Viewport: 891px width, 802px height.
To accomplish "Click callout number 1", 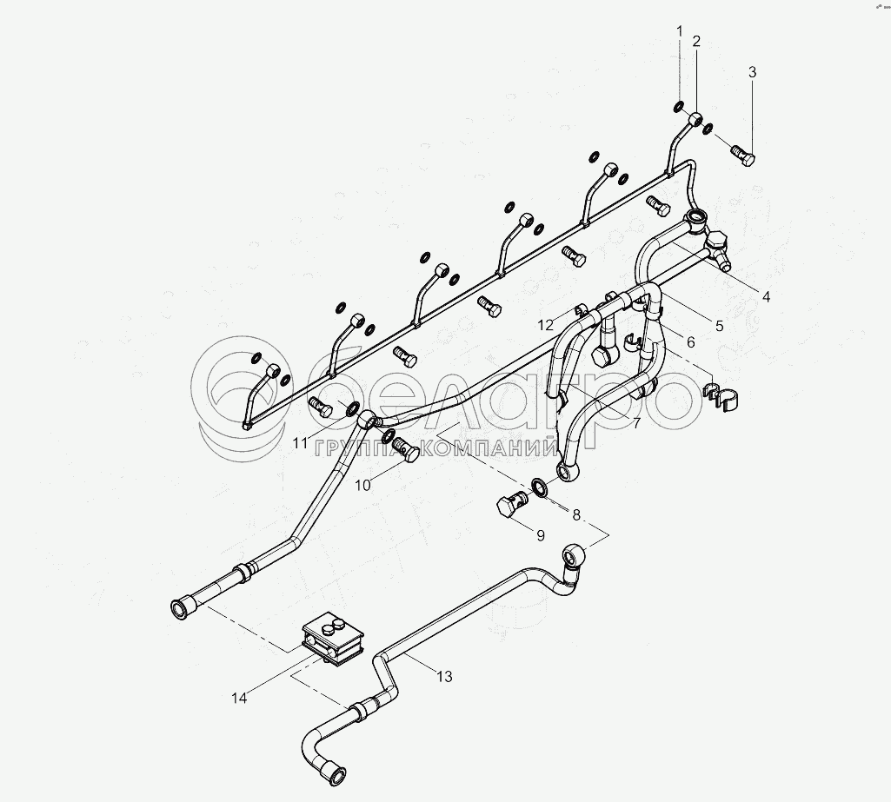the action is [x=681, y=32].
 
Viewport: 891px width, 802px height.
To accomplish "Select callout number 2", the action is [x=696, y=41].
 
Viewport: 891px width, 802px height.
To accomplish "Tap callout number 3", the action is [x=753, y=72].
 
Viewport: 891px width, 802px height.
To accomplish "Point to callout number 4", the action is [x=766, y=297].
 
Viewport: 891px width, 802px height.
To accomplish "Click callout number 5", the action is [x=719, y=326].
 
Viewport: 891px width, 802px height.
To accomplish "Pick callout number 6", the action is [x=690, y=342].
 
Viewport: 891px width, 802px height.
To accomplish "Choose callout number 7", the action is [x=636, y=423].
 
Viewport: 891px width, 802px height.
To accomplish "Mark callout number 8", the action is [x=575, y=514].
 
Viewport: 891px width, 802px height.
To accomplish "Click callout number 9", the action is [x=540, y=535].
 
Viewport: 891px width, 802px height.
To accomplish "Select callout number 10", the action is [x=362, y=485].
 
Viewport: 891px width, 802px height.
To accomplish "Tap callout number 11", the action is [x=301, y=443].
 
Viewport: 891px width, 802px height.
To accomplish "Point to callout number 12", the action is [x=545, y=325].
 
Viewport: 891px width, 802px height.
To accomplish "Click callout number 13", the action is [x=445, y=676].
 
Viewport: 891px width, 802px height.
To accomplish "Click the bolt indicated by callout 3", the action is [x=743, y=156].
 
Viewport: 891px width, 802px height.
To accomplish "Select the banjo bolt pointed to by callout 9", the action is [x=511, y=505].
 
